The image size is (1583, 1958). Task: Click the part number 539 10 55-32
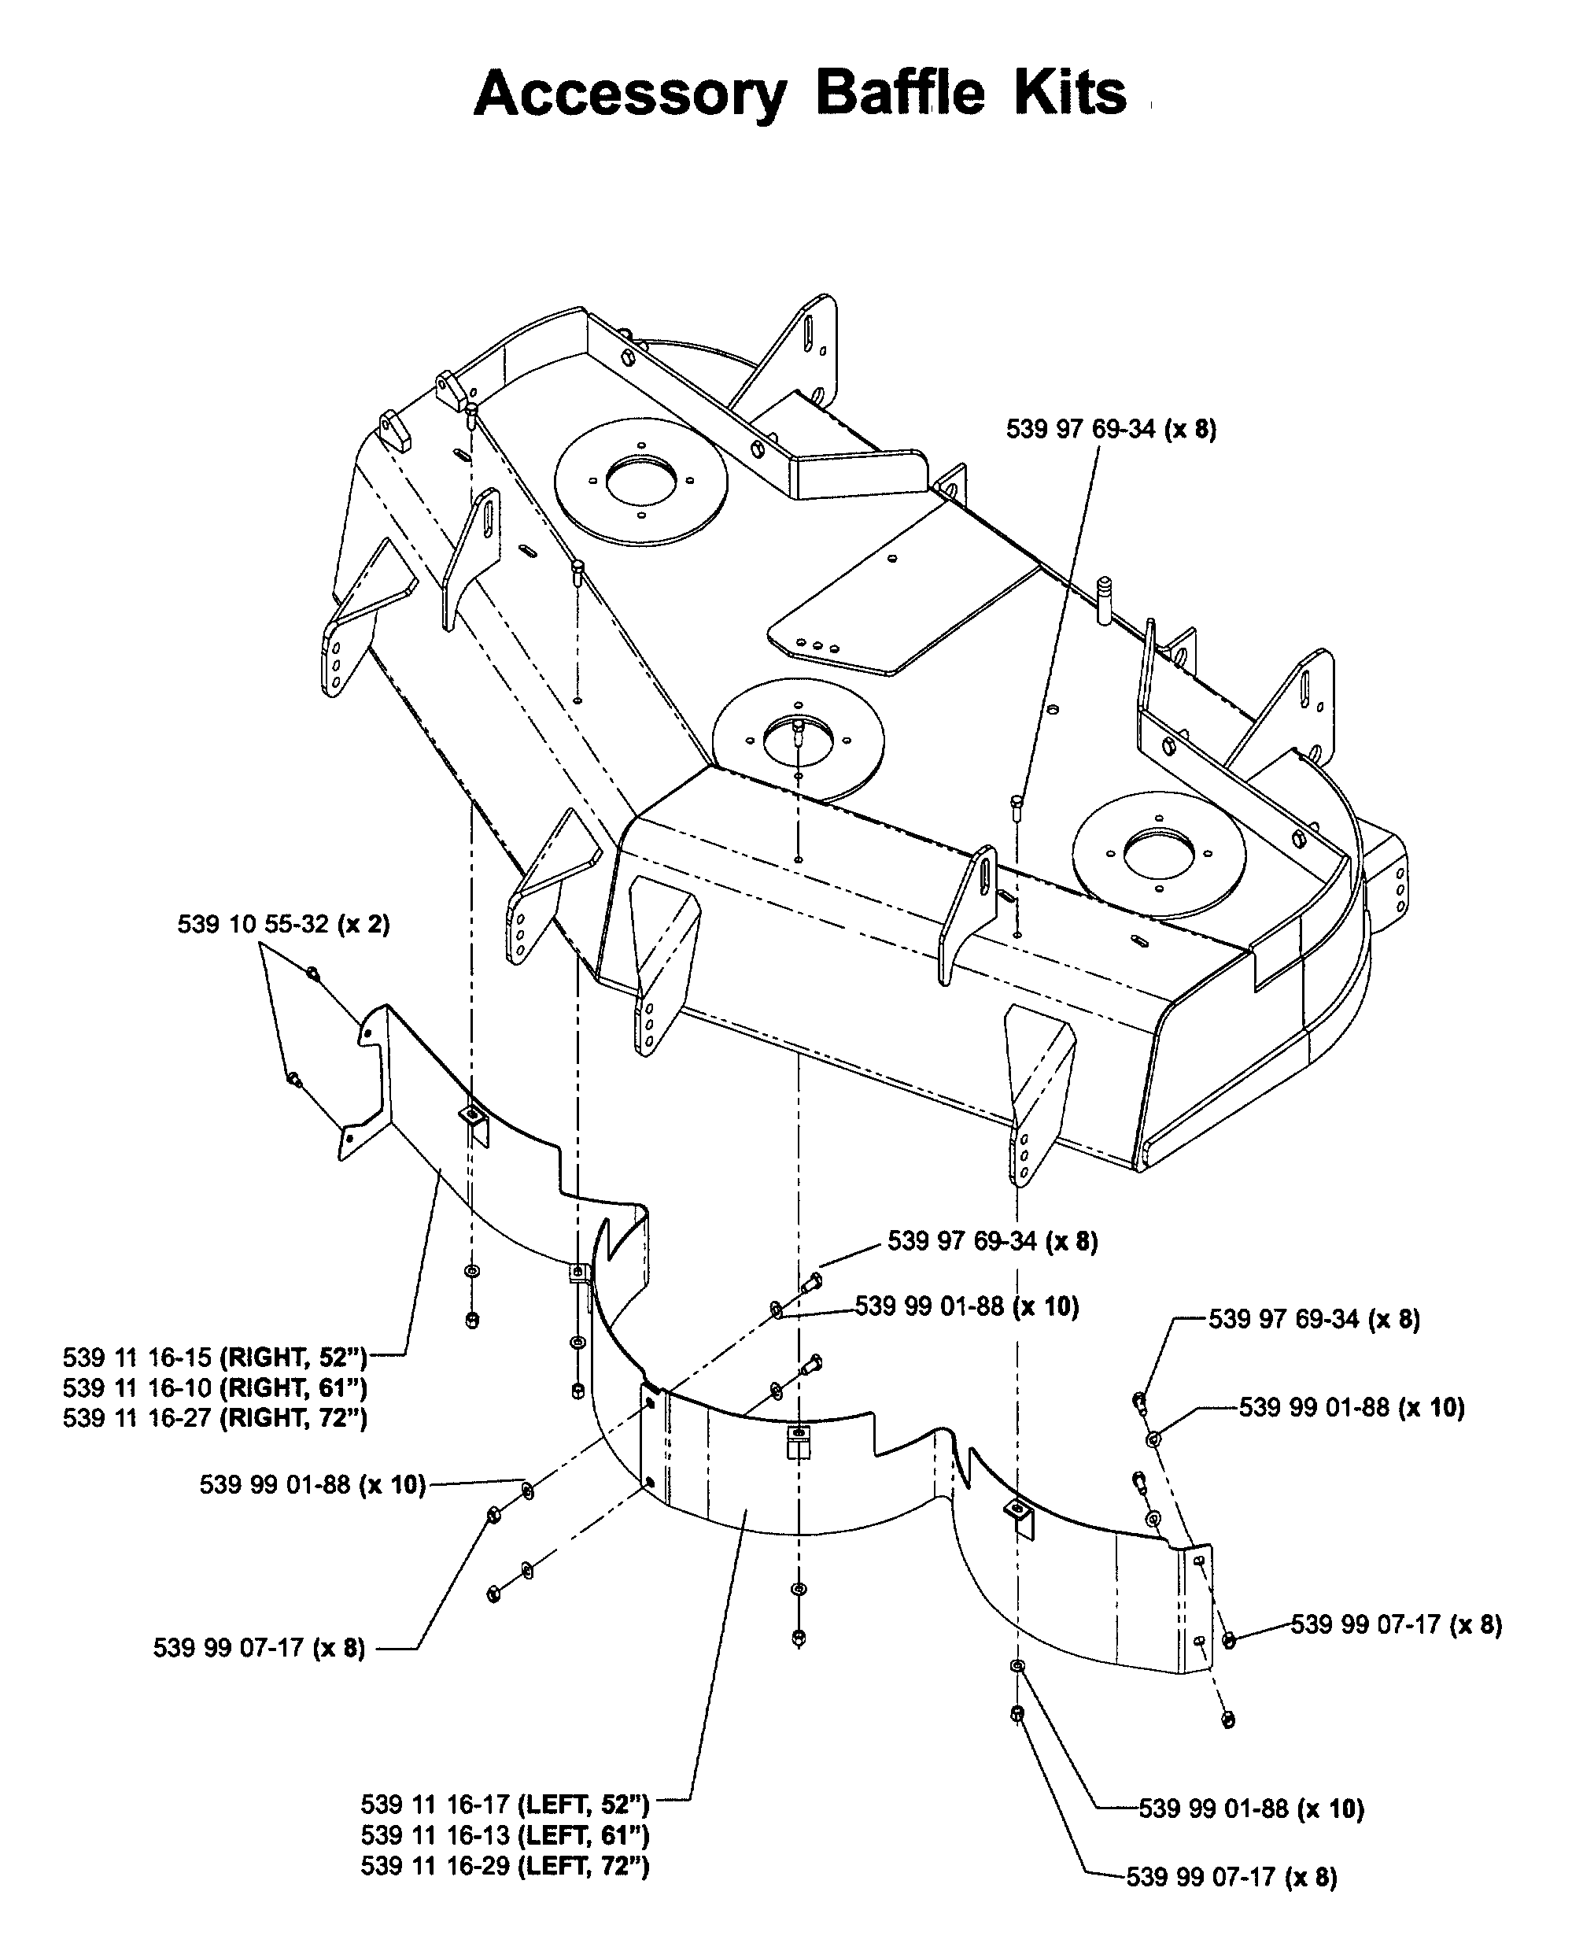click(x=253, y=924)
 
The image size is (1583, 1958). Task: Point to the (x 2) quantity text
click(x=363, y=924)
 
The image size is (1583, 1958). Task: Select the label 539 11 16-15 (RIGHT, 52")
click(x=216, y=1358)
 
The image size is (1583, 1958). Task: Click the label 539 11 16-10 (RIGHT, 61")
click(x=216, y=1388)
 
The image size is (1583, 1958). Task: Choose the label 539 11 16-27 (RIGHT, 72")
click(x=216, y=1418)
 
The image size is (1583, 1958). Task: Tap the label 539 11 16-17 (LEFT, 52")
click(x=505, y=1805)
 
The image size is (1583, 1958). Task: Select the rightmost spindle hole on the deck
click(x=1159, y=855)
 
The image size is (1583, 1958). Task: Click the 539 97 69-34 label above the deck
click(x=1112, y=429)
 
